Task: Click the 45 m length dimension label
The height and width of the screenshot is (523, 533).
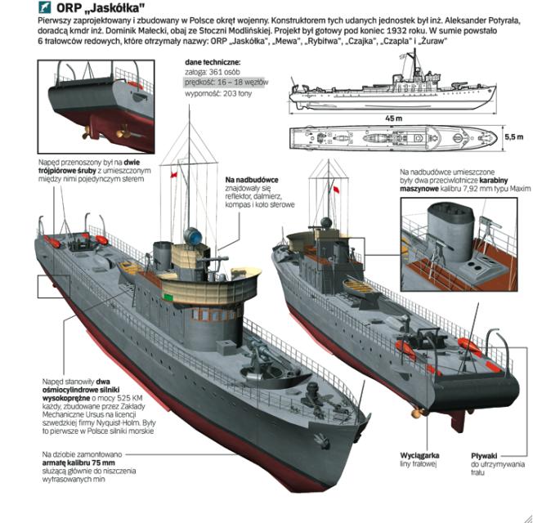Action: coord(394,119)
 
